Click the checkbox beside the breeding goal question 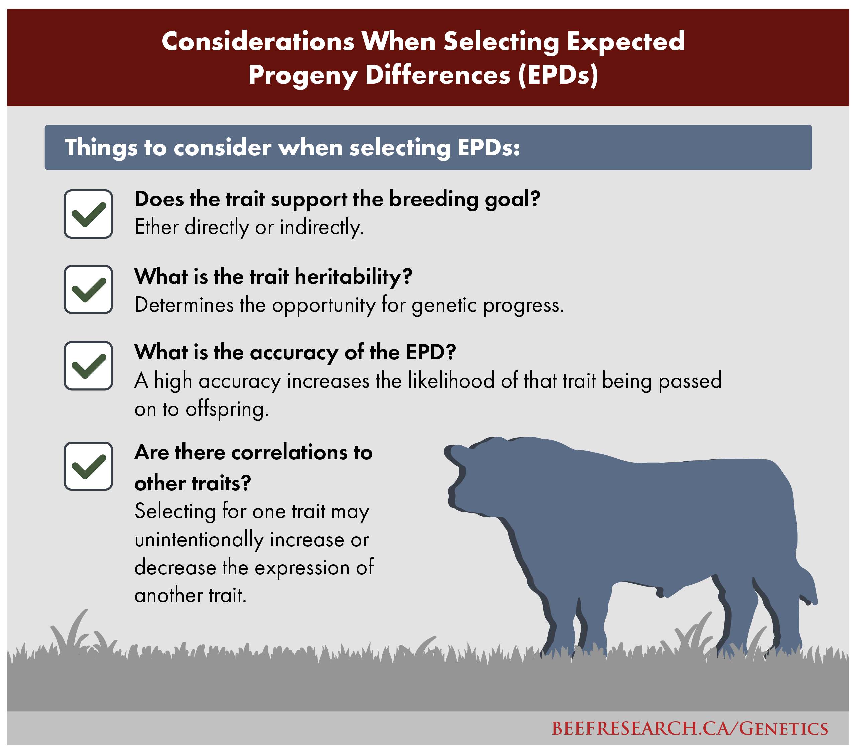[88, 214]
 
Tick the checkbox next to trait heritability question [88, 289]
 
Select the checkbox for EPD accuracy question [88, 366]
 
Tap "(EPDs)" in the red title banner [558, 76]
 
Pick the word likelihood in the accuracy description [452, 381]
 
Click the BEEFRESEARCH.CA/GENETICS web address [689, 728]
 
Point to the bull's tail [807, 586]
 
